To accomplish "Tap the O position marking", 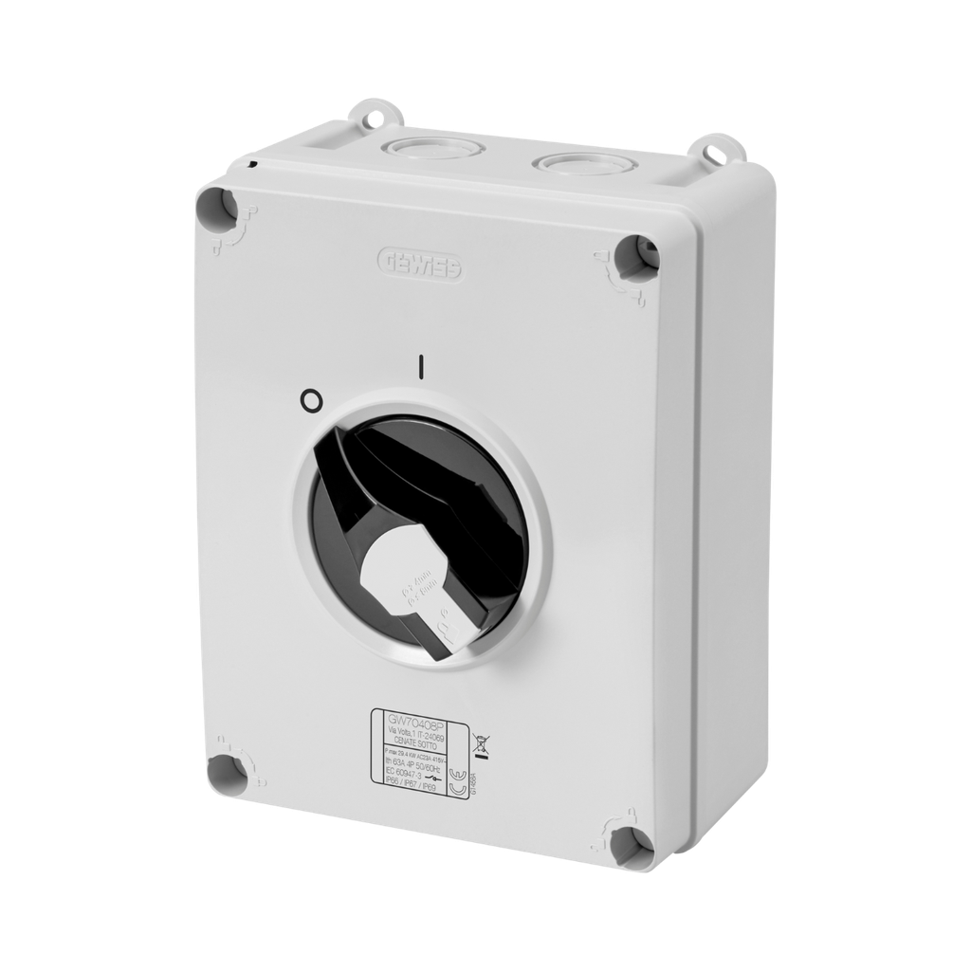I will (307, 402).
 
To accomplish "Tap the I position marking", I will (421, 367).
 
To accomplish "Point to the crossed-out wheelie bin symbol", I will (480, 744).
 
